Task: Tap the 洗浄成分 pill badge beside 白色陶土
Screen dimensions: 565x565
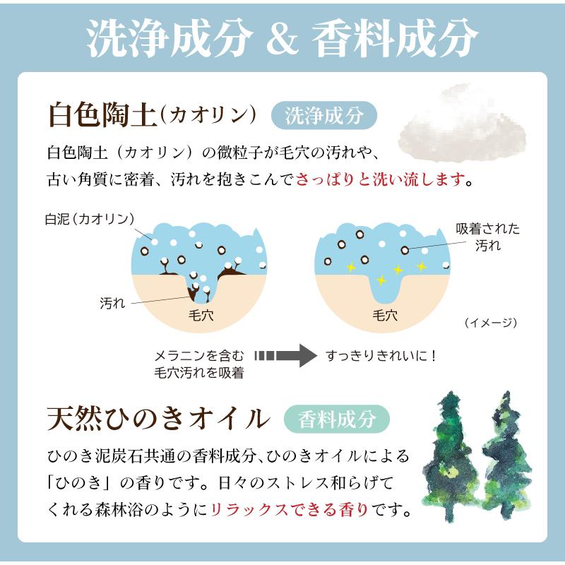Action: coord(324,116)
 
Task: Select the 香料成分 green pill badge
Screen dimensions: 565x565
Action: coord(337,418)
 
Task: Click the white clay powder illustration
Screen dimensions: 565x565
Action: coord(463,124)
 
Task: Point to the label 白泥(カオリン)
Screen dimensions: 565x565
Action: coord(88,218)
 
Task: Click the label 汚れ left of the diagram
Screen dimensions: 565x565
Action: coord(112,303)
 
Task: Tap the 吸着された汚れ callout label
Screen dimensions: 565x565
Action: coord(487,237)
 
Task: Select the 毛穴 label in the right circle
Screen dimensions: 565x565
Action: coord(384,315)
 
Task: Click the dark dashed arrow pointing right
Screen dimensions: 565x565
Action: coord(282,355)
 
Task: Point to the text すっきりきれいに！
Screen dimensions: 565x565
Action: coord(382,355)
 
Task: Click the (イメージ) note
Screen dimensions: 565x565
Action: coord(491,323)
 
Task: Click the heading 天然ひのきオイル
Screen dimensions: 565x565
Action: coord(158,418)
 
